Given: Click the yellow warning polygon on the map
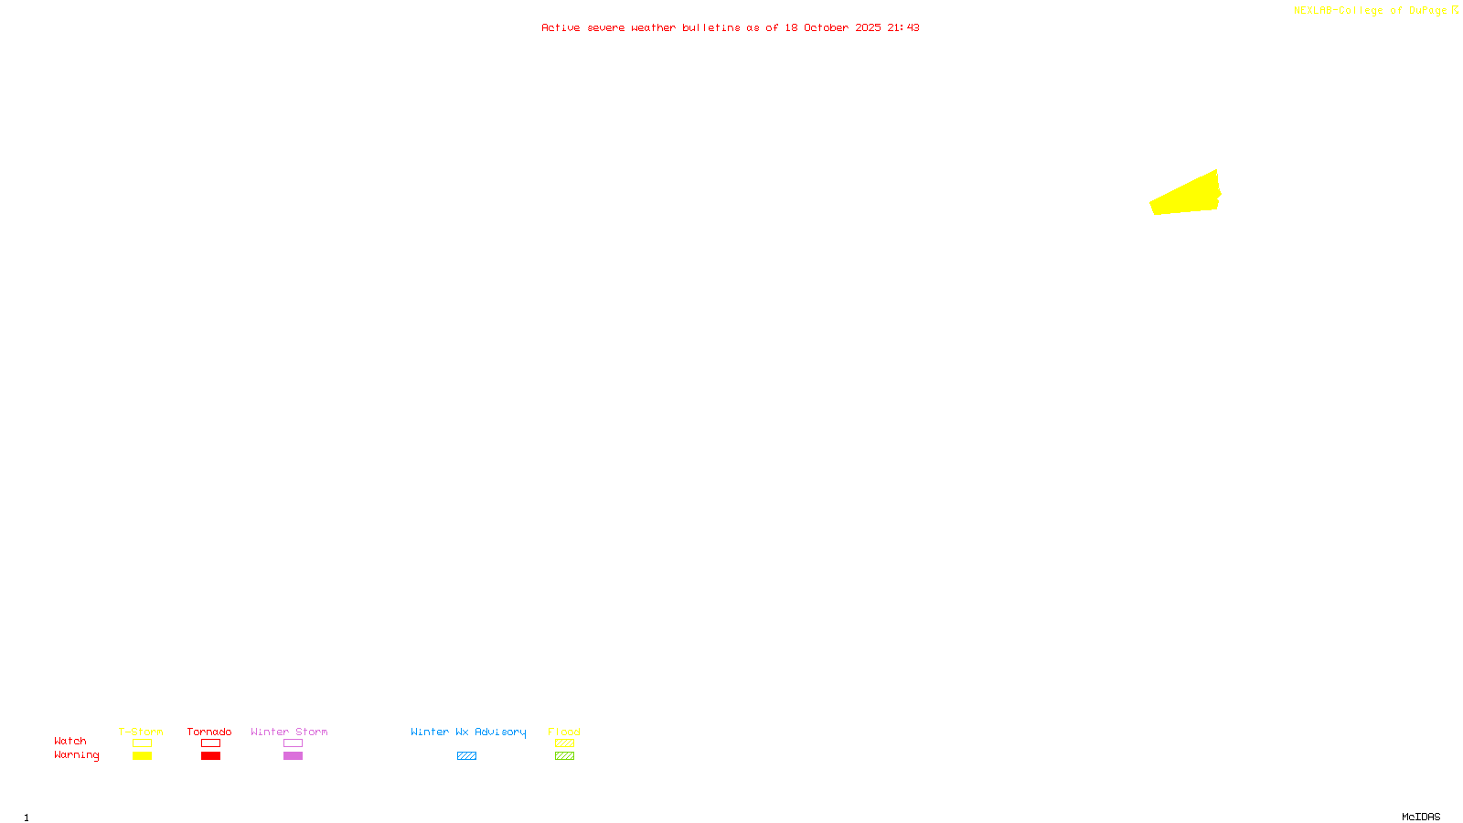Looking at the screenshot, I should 1186,196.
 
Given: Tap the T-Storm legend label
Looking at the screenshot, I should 141,732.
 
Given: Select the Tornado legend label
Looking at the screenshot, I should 209,732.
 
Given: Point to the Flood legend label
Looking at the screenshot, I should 564,732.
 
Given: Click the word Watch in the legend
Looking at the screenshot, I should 70,741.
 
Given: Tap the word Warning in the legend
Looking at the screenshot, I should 77,755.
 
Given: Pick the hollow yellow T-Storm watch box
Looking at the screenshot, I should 142,743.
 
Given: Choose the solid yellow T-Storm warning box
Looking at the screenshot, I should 142,756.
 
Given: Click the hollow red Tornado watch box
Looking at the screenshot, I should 210,743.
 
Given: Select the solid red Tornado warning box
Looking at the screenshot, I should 210,756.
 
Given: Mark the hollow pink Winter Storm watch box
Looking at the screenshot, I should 293,743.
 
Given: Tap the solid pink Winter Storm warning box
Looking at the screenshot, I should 293,756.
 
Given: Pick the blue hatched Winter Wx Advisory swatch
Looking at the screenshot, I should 466,756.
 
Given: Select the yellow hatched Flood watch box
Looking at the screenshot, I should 564,743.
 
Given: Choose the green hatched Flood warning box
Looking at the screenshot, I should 564,756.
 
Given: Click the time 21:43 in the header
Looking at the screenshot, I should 903,27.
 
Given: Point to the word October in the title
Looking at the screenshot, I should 826,27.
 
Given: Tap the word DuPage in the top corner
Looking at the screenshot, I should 1427,10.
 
